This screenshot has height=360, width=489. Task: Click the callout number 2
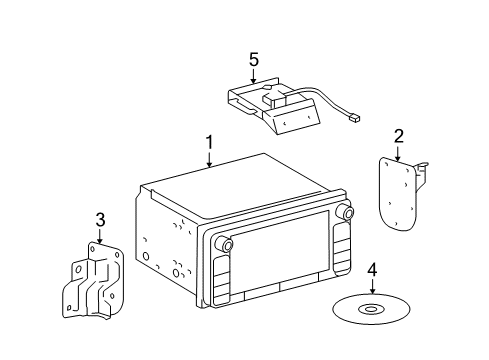coord(398,136)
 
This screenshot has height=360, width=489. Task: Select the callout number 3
coord(100,220)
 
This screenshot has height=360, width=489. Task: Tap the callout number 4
coord(372,269)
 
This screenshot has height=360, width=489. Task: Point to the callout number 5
coord(254,60)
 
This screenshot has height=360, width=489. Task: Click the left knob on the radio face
coord(228,245)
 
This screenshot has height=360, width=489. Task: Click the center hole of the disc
coord(372,309)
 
